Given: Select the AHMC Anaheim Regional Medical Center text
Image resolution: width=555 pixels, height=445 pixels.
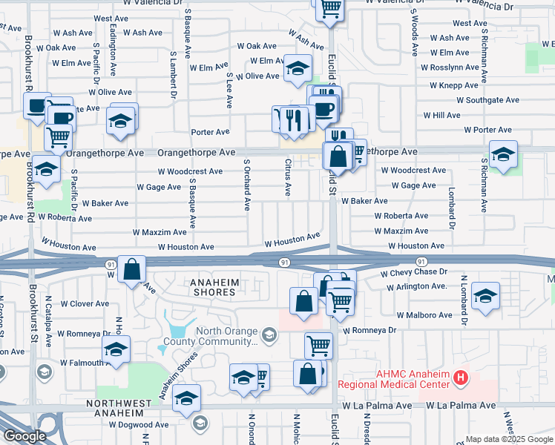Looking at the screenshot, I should pos(393,379).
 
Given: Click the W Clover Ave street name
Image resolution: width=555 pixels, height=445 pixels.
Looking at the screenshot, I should pos(85,303).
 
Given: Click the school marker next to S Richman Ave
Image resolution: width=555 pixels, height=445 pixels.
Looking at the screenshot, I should pos(503,156).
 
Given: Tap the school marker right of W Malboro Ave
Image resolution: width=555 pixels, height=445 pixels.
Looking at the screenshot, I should pos(485,298).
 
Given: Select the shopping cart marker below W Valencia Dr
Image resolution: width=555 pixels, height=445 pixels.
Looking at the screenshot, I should pos(330,9).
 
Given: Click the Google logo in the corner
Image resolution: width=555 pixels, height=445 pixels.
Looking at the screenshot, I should pos(24,436).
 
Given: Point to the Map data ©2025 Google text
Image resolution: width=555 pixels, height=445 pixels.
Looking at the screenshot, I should pos(508,439).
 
